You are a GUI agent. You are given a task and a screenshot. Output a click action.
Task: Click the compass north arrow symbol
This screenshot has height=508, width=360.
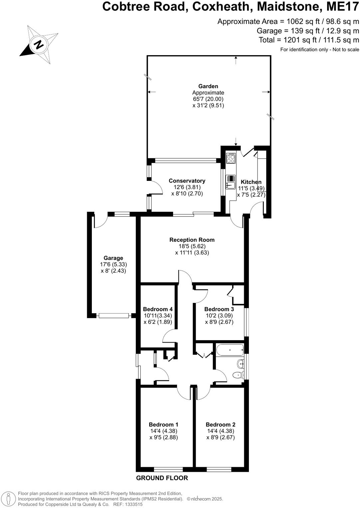pyautogui.click(x=39, y=45)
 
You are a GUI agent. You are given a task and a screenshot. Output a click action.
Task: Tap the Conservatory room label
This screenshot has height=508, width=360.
pyautogui.click(x=187, y=181)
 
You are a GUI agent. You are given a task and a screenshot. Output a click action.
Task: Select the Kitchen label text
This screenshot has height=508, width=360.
pyautogui.click(x=251, y=182)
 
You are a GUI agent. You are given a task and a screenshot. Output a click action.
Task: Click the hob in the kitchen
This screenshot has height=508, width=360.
pyautogui.click(x=231, y=158)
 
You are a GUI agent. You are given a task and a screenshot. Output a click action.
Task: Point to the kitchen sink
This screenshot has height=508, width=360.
pyautogui.click(x=231, y=182)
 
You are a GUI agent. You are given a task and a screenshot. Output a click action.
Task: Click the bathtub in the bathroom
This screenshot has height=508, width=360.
pyautogui.click(x=230, y=350)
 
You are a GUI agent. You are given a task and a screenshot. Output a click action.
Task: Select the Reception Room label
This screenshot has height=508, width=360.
pyautogui.click(x=192, y=240)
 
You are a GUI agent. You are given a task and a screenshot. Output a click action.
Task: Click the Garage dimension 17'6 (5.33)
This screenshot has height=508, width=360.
pyautogui.click(x=113, y=265)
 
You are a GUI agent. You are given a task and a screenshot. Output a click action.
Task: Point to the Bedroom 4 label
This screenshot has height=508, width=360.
pyautogui.click(x=158, y=309)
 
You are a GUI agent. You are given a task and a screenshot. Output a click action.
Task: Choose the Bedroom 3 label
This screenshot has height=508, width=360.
pyautogui.click(x=219, y=309)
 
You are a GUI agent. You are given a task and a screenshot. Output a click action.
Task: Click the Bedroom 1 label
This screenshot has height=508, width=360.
pyautogui.click(x=163, y=425)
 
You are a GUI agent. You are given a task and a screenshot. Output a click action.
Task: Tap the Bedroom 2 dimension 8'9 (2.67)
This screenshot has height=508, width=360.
pyautogui.click(x=221, y=438)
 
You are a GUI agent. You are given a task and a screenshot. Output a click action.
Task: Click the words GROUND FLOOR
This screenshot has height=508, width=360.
pyautogui.click(x=162, y=478)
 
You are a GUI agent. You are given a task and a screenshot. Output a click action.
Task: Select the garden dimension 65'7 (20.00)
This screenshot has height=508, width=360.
pyautogui.click(x=208, y=99)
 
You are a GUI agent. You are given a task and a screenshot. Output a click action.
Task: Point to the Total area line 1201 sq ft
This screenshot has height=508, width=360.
pyautogui.click(x=309, y=40)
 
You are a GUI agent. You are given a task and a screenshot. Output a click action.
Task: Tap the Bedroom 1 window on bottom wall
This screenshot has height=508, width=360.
pyautogui.click(x=168, y=469)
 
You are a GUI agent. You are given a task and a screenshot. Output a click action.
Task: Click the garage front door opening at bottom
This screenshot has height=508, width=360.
pyautogui.click(x=113, y=316)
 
